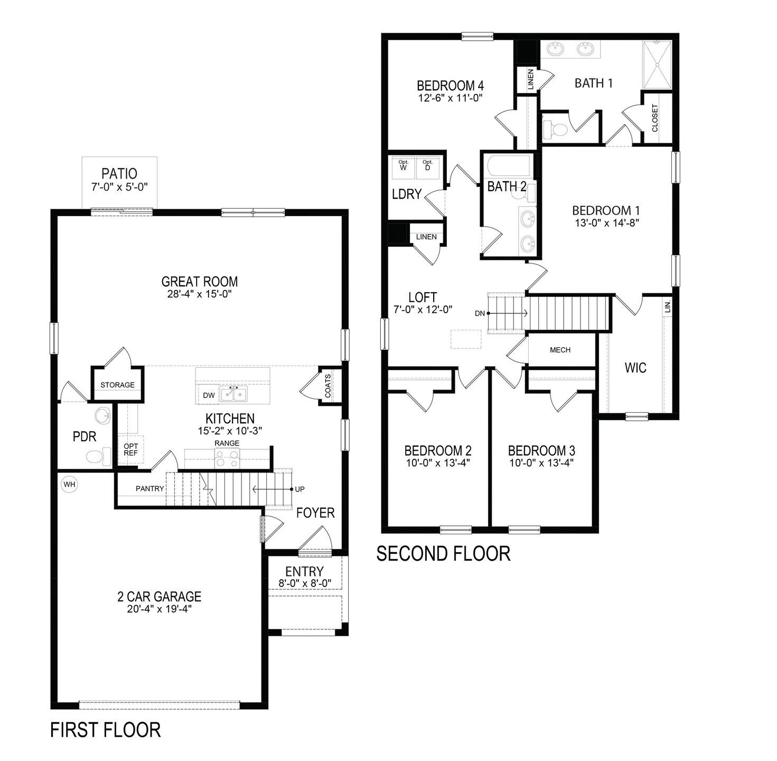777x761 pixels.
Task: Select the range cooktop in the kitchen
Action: pos(227,458)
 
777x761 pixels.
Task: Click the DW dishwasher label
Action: pos(208,395)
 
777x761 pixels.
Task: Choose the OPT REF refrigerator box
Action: pos(130,450)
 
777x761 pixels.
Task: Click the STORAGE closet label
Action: pos(117,385)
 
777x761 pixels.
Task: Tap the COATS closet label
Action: pos(328,386)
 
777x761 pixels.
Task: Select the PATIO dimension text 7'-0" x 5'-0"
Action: pos(119,187)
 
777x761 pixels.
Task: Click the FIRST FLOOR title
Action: pos(105,730)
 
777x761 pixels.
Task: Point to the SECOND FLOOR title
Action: pos(443,553)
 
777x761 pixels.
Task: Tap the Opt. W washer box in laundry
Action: pos(404,165)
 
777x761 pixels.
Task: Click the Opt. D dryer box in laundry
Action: pos(427,165)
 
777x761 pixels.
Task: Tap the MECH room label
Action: pos(560,350)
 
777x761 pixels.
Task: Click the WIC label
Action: pos(635,367)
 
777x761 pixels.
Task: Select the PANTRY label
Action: pos(149,489)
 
